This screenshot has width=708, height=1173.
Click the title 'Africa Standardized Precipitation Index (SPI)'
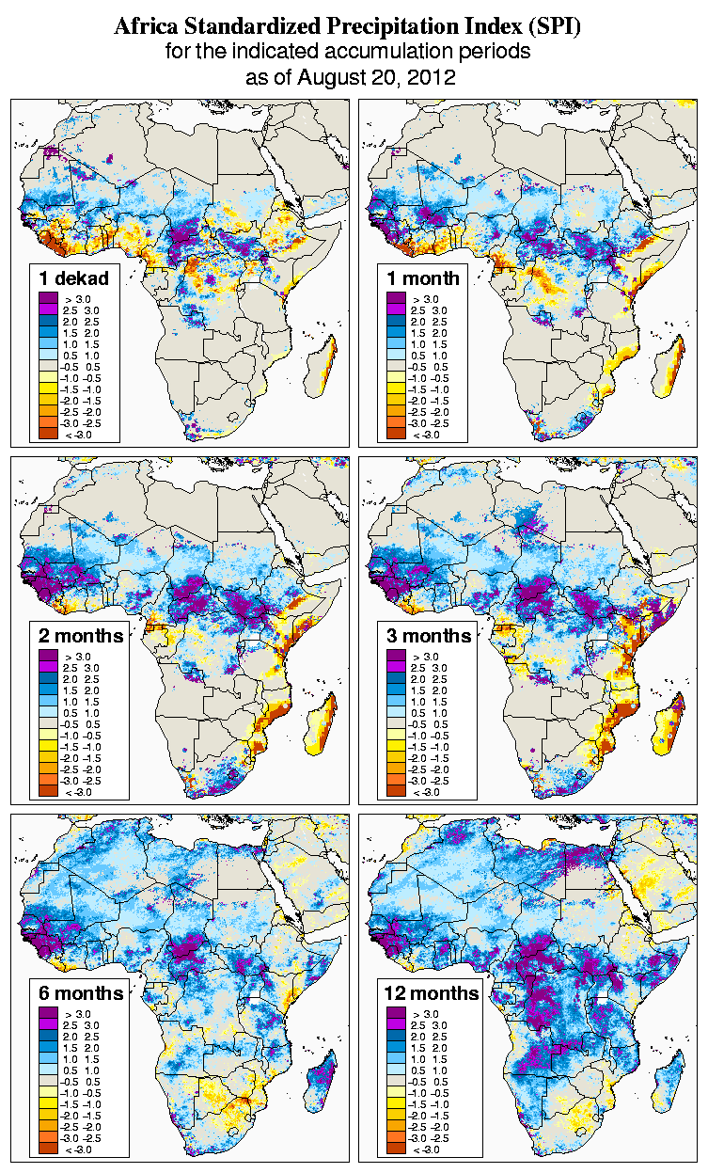347,27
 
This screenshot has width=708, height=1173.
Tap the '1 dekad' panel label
74,277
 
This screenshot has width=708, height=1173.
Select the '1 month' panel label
422,277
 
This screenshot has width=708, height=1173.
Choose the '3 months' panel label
429,635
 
